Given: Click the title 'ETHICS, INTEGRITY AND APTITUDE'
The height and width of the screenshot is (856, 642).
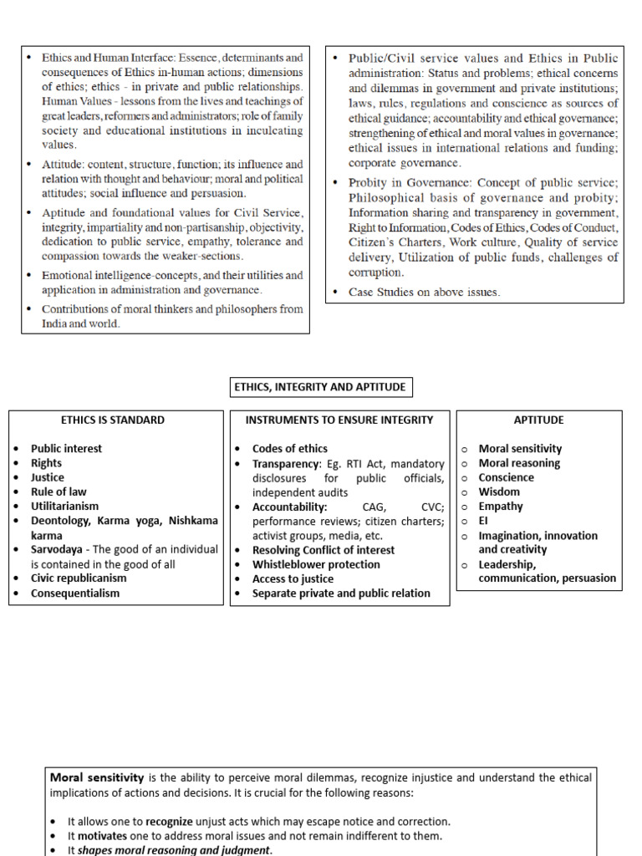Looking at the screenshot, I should tap(321, 387).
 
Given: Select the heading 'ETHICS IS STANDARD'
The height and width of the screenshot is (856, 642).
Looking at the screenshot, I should tap(113, 420).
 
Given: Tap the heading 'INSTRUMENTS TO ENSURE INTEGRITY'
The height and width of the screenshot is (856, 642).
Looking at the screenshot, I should tap(339, 420).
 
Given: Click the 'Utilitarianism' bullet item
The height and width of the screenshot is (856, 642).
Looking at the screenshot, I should tap(64, 506).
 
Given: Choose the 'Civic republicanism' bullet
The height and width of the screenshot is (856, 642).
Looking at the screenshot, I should tap(79, 578).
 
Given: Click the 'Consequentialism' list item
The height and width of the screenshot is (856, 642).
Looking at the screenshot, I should tap(75, 594).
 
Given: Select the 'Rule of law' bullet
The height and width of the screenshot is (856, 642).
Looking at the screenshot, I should tap(59, 492).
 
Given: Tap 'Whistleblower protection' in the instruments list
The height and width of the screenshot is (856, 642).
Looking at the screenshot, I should tap(316, 564).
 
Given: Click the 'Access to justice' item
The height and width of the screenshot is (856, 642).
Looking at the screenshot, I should tap(293, 578).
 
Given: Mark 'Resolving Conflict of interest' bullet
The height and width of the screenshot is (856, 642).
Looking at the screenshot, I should tap(324, 550).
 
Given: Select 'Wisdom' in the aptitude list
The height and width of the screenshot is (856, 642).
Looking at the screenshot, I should tap(499, 492).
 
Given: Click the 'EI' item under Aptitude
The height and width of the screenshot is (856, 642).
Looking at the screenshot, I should tap(483, 521).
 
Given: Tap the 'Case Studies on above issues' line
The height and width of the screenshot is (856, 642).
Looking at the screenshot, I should tap(424, 292).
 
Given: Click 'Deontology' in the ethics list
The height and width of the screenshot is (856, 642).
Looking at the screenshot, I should tap(61, 521).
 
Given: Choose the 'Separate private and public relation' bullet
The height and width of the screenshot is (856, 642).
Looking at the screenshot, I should tap(341, 594).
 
